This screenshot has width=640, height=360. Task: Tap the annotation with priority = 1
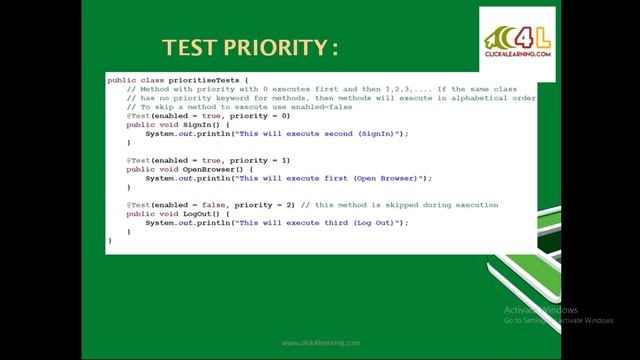tap(209, 160)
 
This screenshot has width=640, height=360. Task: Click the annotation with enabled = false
tap(211, 204)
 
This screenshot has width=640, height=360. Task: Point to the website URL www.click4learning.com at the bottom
tap(320, 343)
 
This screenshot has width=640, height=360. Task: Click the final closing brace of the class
tap(110, 240)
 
